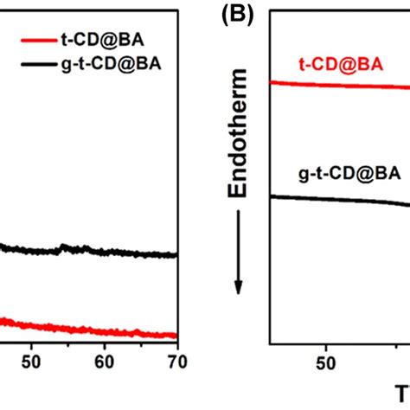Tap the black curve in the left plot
coord(104,253)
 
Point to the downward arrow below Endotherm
coord(244,259)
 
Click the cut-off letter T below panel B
coord(401,396)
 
